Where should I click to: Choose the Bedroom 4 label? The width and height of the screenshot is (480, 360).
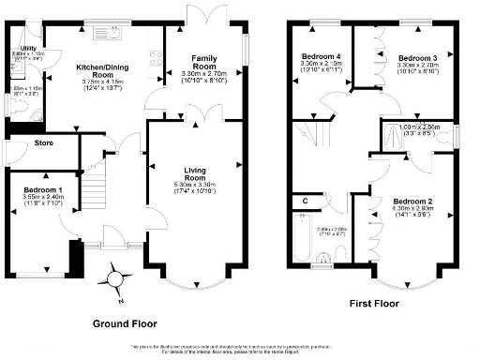coord(322,57)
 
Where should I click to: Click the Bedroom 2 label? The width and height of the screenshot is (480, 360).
coord(412,202)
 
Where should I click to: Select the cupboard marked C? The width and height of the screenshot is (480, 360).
coord(306,201)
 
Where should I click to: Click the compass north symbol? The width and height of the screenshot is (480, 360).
coord(114,278)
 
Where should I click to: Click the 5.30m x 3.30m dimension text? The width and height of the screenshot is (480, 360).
coord(194,185)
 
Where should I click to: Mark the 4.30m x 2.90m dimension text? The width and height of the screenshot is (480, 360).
coord(412,209)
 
